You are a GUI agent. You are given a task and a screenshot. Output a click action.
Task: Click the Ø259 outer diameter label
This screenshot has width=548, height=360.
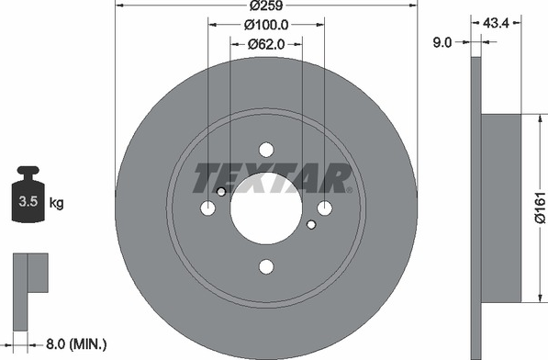(x=266, y=6)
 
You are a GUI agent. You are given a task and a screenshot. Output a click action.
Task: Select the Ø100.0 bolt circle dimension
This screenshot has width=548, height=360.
(x=266, y=25)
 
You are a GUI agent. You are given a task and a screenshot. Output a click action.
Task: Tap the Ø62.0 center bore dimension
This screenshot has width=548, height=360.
(x=266, y=44)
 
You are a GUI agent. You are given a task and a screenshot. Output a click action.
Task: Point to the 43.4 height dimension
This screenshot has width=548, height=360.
(x=496, y=23)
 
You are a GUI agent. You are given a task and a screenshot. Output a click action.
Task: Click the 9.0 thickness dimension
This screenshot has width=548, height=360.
(x=442, y=42)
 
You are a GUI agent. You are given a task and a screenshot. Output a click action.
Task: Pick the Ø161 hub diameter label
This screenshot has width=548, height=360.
(x=540, y=208)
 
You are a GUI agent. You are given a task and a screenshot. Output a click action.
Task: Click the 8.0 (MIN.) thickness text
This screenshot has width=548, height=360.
(x=76, y=344)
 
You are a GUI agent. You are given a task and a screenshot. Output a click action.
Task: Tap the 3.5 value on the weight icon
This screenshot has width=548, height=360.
(x=28, y=201)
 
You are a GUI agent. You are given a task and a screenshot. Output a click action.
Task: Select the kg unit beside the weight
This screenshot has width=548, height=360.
(x=56, y=202)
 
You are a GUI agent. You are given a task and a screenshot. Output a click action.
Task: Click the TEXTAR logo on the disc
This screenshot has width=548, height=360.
(x=272, y=178)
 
